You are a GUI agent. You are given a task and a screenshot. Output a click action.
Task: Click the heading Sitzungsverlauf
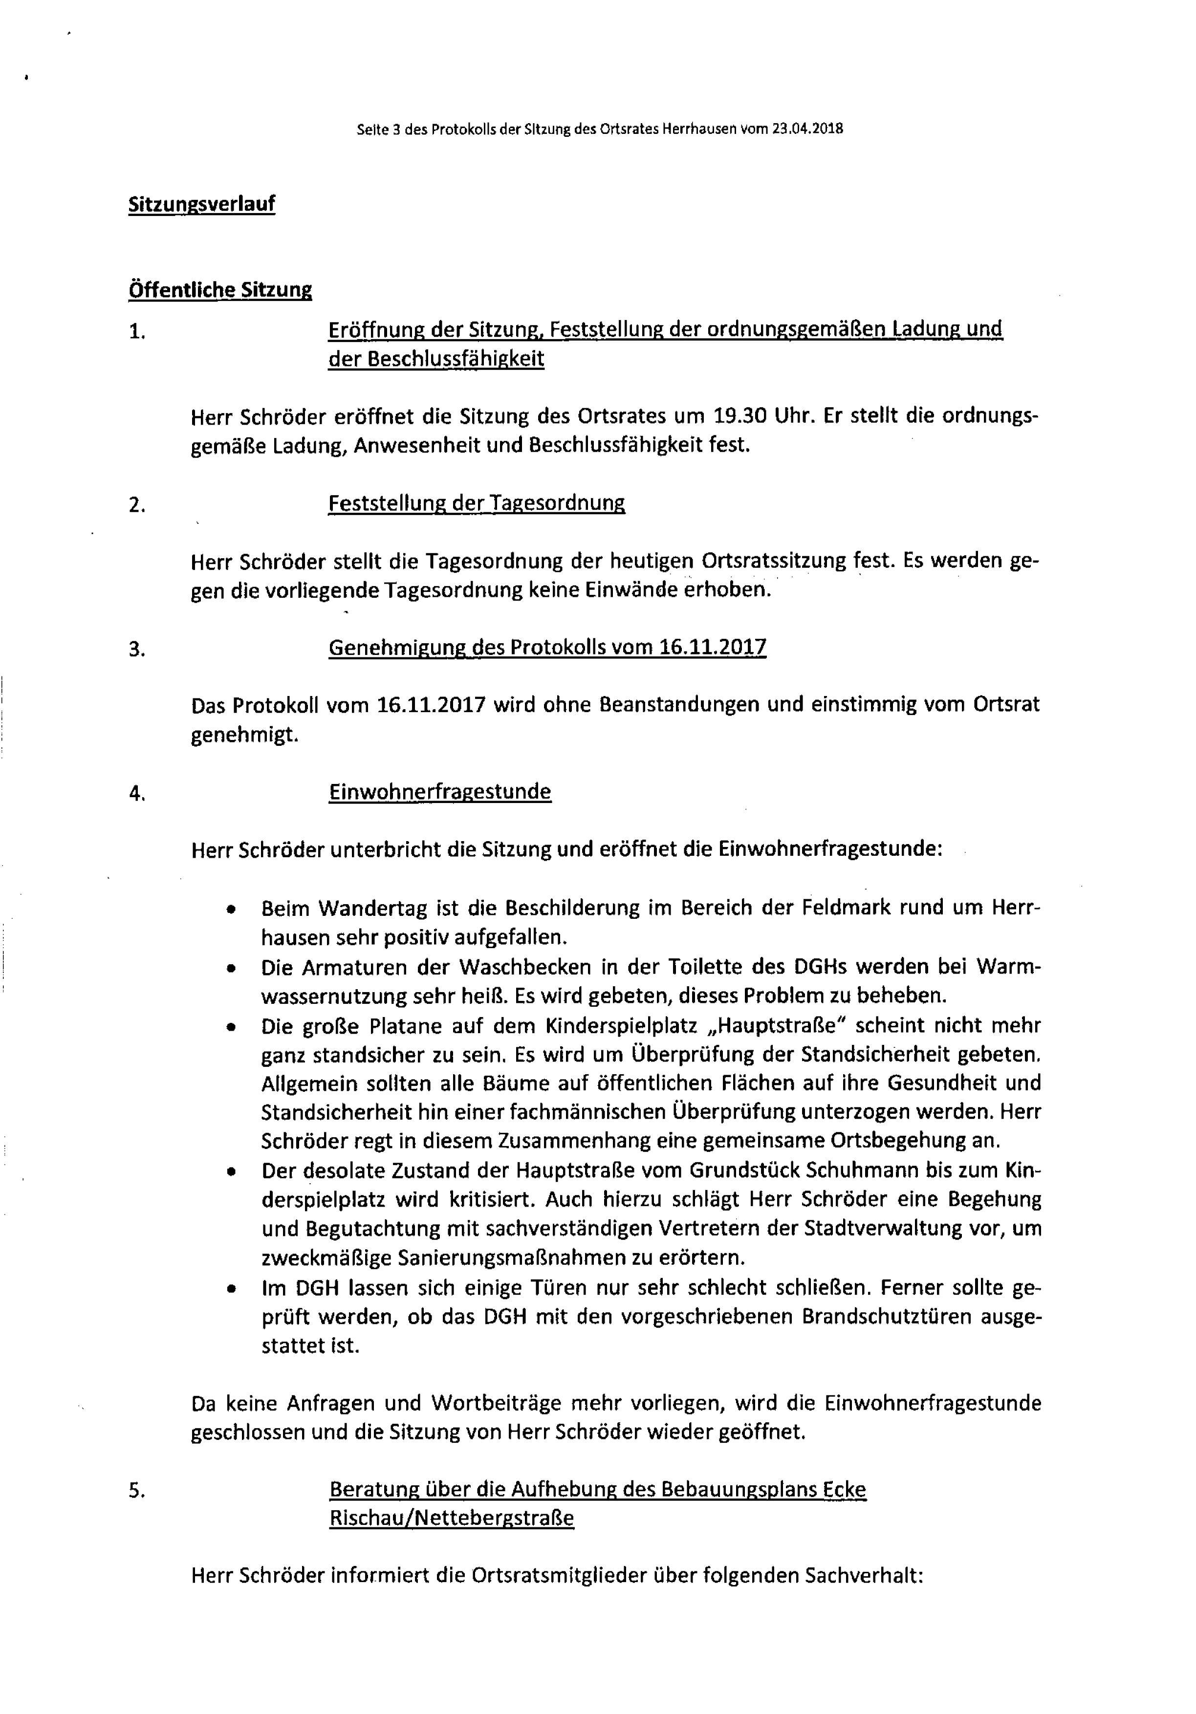coord(201,204)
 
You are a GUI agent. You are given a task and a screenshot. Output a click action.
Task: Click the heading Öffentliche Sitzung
coord(220,290)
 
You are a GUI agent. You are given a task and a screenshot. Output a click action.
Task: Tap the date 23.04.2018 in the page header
coord(808,129)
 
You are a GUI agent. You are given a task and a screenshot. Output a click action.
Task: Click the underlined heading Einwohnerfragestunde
coord(440,791)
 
